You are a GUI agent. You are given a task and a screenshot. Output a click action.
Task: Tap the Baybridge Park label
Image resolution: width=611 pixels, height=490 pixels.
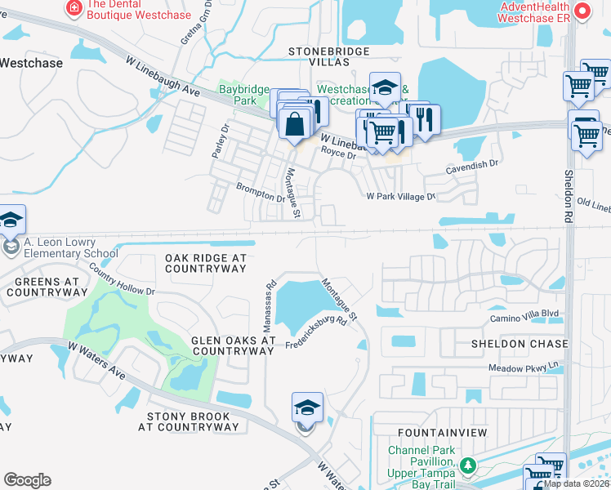(x=238, y=94)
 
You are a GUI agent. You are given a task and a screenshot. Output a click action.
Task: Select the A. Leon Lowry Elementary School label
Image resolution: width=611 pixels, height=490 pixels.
(x=71, y=247)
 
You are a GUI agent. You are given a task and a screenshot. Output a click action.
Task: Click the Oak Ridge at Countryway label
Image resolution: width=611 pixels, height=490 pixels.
(x=205, y=263)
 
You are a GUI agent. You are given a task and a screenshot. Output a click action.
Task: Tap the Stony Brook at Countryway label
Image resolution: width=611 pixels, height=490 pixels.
(x=189, y=421)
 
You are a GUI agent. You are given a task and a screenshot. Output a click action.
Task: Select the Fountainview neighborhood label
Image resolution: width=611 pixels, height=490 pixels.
(x=442, y=431)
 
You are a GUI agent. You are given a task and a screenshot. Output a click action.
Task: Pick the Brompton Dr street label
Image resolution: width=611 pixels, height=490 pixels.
(x=261, y=192)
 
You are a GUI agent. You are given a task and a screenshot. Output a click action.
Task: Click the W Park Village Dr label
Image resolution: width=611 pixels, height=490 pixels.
(x=401, y=197)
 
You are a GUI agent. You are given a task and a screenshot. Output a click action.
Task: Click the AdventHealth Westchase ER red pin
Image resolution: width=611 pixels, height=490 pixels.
(x=582, y=11)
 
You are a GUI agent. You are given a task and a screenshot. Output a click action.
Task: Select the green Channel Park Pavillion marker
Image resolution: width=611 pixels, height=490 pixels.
(x=468, y=466)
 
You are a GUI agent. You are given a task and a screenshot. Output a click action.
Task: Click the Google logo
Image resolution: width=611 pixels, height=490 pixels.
(x=27, y=480)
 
